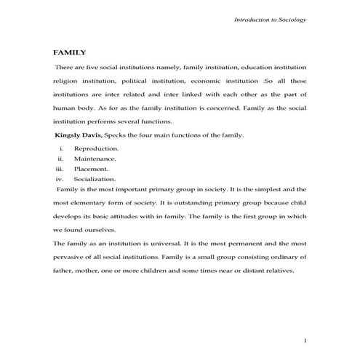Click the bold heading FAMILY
[x=70, y=52]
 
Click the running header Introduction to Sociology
[x=270, y=20]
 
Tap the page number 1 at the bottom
[x=305, y=340]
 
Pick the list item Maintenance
[x=95, y=158]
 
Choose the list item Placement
[x=91, y=168]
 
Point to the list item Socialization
[x=95, y=178]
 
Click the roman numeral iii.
[x=60, y=168]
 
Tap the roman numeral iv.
[x=60, y=178]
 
